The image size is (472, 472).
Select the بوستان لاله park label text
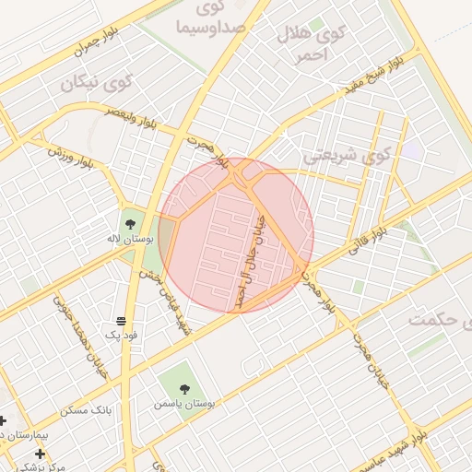(127, 239)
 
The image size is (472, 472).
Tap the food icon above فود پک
(121, 320)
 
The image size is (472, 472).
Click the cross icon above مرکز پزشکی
(40, 454)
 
